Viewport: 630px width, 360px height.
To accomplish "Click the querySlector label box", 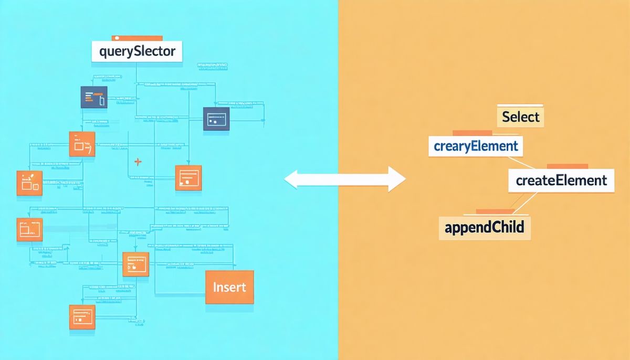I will tap(136, 52).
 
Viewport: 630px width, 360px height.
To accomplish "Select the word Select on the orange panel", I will tap(520, 117).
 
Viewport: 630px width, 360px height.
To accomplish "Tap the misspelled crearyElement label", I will tap(476, 145).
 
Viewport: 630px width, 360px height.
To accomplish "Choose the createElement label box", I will tap(561, 181).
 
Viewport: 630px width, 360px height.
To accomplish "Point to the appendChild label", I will tap(484, 228).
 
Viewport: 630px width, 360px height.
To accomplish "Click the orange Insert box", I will tap(229, 287).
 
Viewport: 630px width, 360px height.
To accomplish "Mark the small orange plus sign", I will tap(138, 162).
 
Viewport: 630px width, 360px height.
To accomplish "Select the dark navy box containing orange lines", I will tap(94, 97).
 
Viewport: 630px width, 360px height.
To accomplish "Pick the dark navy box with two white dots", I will tap(216, 119).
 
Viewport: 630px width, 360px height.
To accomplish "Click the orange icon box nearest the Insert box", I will tap(136, 264).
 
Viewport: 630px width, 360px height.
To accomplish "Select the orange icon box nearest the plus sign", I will tap(188, 178).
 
